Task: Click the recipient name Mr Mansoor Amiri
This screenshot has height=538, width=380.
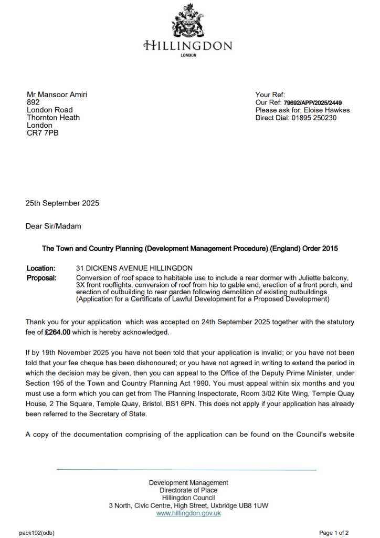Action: coord(57,95)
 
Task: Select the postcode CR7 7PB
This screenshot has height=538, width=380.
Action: coord(43,133)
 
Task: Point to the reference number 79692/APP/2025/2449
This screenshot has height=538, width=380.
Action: coord(313,102)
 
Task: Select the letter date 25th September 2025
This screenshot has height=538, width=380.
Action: coord(62,203)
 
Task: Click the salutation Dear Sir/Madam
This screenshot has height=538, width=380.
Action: coord(54,226)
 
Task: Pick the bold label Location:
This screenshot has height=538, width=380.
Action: coord(41,268)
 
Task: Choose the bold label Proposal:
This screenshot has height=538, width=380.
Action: coord(41,277)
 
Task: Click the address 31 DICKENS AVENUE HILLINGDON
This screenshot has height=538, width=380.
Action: coord(134,268)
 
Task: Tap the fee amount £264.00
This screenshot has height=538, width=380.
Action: coord(58,332)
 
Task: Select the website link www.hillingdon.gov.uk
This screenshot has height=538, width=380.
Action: coord(188,513)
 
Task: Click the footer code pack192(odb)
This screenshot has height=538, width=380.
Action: coord(37,533)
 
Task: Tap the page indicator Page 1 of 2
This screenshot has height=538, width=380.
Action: coord(334,533)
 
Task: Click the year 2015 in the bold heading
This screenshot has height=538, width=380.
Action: coord(329,249)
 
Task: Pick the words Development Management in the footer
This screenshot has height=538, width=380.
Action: coord(188,482)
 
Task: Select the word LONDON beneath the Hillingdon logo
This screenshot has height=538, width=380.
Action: coord(188,55)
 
